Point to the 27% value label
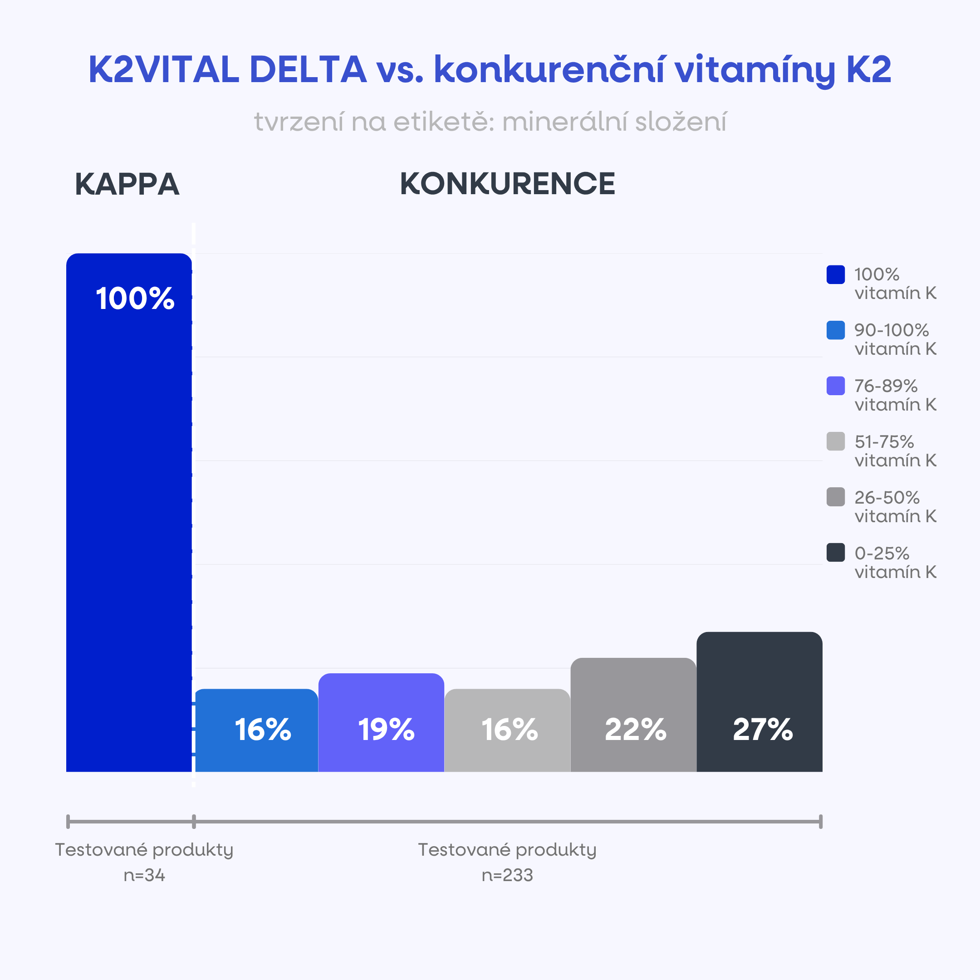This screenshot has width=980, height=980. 762,730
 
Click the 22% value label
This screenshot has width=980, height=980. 635,730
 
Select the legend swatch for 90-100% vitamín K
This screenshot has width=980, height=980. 835,330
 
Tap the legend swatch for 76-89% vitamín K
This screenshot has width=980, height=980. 835,386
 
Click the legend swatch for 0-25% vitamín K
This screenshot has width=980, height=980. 835,553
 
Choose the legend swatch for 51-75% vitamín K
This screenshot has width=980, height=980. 835,441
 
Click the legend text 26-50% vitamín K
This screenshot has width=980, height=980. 895,507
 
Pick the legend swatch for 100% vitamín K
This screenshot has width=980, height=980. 835,274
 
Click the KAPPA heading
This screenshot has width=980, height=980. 127,184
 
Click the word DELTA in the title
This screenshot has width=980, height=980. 308,69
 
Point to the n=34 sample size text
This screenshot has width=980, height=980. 144,876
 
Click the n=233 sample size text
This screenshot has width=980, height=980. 507,876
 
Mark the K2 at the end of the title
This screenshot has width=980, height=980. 868,69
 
